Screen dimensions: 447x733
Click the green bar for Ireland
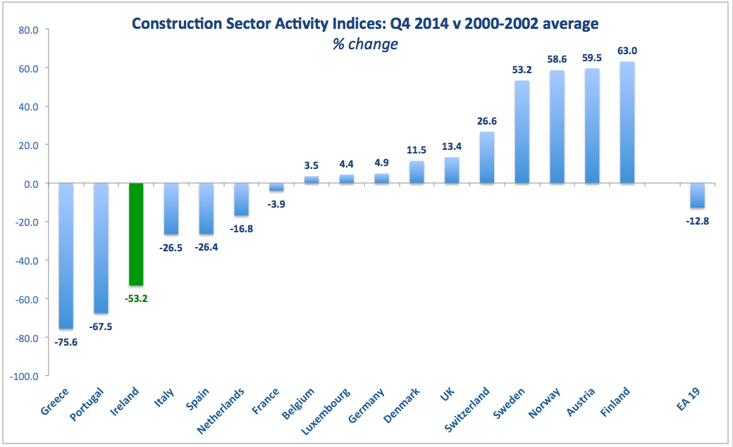(136, 234)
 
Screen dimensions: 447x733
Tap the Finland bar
(627, 123)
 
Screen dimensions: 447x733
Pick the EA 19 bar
(697, 196)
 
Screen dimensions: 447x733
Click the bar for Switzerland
(487, 158)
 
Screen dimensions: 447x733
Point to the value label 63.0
(627, 51)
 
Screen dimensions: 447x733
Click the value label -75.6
(66, 341)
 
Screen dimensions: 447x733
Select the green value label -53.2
(136, 298)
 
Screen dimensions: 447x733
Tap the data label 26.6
(487, 120)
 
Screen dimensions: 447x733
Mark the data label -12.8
(697, 221)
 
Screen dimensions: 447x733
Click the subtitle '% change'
(366, 44)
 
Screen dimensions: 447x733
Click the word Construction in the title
(175, 24)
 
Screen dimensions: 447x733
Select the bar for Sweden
(522, 132)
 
